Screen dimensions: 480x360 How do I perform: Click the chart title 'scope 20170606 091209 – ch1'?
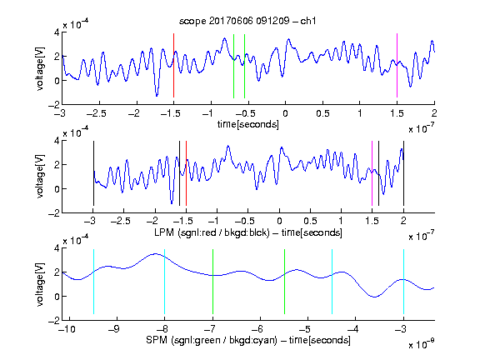[247, 21]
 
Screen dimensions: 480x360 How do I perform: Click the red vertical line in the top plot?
[173, 66]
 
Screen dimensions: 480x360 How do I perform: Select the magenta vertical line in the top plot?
[397, 66]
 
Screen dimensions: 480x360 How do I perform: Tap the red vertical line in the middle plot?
[186, 173]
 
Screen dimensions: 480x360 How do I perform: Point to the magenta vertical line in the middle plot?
[372, 173]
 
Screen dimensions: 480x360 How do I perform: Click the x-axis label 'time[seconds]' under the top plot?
[248, 124]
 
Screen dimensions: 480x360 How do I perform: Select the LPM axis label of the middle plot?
[248, 232]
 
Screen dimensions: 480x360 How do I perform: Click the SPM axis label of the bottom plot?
[248, 340]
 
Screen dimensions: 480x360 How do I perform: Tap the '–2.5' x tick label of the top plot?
[96, 113]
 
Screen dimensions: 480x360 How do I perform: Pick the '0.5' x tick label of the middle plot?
[310, 221]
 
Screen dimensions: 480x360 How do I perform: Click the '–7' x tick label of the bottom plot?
[210, 329]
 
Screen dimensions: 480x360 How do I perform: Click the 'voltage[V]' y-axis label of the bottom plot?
[40, 284]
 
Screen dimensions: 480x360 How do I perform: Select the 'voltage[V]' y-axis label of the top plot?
[40, 68]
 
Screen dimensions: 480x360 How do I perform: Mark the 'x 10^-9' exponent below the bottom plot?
[421, 344]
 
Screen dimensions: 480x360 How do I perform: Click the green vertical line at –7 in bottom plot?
[212, 282]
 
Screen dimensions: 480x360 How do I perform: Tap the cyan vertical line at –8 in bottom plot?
[165, 282]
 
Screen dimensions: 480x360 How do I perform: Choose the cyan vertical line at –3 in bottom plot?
[404, 282]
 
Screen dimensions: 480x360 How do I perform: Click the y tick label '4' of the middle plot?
[57, 141]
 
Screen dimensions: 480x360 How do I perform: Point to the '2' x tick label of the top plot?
[434, 113]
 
